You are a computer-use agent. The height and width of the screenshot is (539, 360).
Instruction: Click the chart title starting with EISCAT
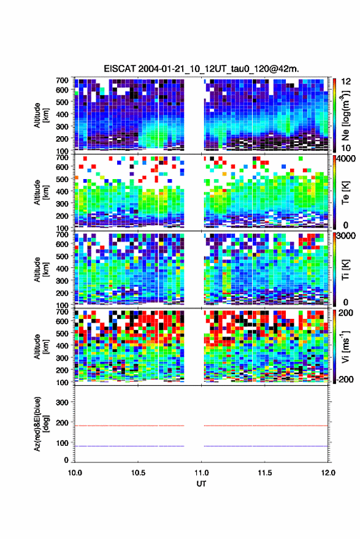click(x=201, y=69)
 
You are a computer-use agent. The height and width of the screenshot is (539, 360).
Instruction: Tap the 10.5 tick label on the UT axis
click(x=138, y=473)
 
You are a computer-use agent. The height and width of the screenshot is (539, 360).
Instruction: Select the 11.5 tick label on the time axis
click(x=264, y=473)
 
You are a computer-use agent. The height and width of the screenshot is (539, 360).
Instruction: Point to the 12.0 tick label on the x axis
click(x=328, y=473)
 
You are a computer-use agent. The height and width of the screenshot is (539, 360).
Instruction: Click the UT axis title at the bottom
click(x=201, y=484)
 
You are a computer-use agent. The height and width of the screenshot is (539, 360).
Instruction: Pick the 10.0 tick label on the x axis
click(x=75, y=473)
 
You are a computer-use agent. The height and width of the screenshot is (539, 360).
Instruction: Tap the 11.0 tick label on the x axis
click(x=201, y=473)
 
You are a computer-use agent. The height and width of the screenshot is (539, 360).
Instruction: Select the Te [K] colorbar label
click(x=345, y=193)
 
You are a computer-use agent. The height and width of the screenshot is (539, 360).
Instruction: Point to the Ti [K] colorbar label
click(x=345, y=270)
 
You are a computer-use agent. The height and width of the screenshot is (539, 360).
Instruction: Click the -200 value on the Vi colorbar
click(x=345, y=380)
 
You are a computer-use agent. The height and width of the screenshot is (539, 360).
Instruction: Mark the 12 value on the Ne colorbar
click(x=346, y=82)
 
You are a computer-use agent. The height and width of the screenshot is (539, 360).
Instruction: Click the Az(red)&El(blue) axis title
click(x=41, y=424)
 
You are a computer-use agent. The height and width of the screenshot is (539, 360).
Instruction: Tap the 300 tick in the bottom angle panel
click(x=62, y=402)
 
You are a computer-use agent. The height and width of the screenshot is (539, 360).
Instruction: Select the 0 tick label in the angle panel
click(x=66, y=460)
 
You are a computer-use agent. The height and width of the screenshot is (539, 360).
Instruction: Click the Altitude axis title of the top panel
click(x=41, y=115)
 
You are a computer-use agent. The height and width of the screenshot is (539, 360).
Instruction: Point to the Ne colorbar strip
click(x=334, y=115)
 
